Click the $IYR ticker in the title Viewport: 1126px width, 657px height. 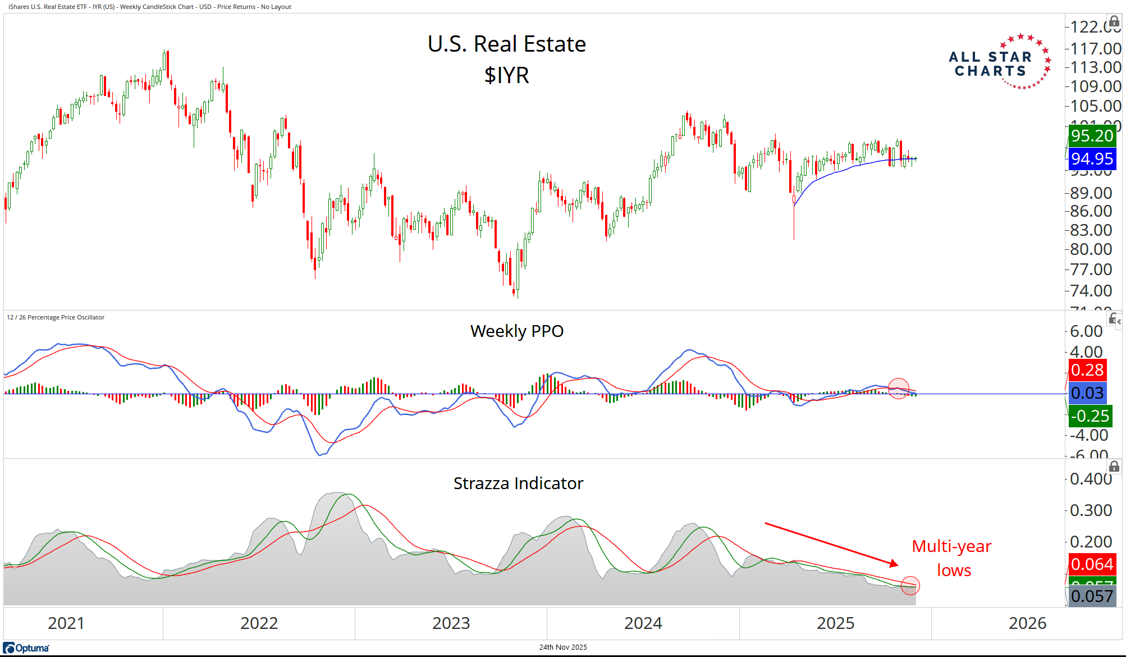click(x=506, y=75)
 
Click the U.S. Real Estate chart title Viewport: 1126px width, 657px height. click(x=506, y=44)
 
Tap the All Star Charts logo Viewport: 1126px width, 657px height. click(x=999, y=62)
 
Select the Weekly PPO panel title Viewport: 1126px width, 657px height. click(x=516, y=331)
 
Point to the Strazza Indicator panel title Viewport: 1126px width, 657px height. click(x=518, y=483)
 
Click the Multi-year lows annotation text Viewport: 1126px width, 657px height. click(x=952, y=558)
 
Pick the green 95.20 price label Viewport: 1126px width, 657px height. click(x=1091, y=136)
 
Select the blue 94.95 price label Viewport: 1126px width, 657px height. click(x=1091, y=159)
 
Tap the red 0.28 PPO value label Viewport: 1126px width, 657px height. click(x=1087, y=370)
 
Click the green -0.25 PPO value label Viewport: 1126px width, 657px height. click(x=1090, y=416)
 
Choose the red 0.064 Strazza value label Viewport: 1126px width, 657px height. click(x=1091, y=564)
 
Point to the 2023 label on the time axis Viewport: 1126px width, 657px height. click(x=451, y=623)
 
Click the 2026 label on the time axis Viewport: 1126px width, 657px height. click(x=1027, y=623)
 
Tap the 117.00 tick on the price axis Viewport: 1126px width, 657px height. click(x=1095, y=49)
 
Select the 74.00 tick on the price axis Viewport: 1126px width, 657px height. click(x=1091, y=291)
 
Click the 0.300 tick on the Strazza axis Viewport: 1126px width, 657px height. click(x=1091, y=510)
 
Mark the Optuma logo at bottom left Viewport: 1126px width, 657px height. click(x=26, y=648)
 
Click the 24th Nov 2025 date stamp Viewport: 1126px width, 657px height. click(x=563, y=647)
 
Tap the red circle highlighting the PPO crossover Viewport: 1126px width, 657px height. click(x=898, y=389)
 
